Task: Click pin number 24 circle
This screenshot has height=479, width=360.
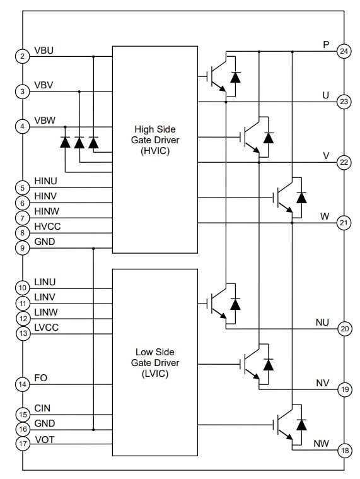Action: click(344, 51)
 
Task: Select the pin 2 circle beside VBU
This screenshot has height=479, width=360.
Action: click(23, 56)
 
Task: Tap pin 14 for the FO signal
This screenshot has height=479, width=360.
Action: click(23, 384)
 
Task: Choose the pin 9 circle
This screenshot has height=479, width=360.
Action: click(23, 248)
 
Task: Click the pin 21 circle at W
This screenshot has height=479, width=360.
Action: click(344, 223)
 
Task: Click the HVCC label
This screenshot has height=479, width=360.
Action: click(47, 226)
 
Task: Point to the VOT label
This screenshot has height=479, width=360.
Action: click(44, 439)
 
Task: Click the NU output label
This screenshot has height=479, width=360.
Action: click(322, 322)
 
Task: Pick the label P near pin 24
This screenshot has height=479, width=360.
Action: click(326, 45)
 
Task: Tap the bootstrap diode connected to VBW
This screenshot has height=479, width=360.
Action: click(65, 143)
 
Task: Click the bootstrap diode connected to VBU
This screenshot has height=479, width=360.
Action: click(93, 143)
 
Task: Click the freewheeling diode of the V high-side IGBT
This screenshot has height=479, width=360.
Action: click(269, 137)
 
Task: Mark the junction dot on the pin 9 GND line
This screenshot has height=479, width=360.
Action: click(93, 248)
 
